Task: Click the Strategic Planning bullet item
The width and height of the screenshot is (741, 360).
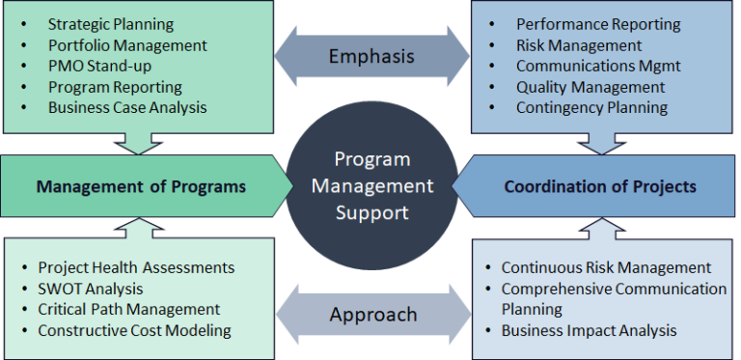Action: pyautogui.click(x=111, y=23)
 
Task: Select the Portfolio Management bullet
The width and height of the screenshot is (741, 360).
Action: pyautogui.click(x=127, y=44)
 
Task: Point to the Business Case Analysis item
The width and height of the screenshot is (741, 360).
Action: pyautogui.click(x=127, y=107)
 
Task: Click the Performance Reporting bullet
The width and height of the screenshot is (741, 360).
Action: pyautogui.click(x=598, y=24)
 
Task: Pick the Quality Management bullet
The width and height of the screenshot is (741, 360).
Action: pyautogui.click(x=590, y=87)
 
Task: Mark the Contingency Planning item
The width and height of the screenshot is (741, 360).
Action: pyautogui.click(x=591, y=107)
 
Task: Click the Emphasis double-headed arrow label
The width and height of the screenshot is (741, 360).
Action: pyautogui.click(x=371, y=56)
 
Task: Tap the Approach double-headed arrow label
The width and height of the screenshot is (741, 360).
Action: pyautogui.click(x=371, y=315)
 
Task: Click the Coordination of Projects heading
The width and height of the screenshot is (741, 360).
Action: pyautogui.click(x=599, y=185)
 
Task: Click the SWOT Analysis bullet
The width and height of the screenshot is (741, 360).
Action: pyautogui.click(x=91, y=289)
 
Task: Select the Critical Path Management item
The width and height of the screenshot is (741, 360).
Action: pyautogui.click(x=129, y=309)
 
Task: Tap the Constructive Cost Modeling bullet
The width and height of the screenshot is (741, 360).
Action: pyautogui.click(x=134, y=330)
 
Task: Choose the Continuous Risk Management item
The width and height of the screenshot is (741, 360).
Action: pyautogui.click(x=606, y=267)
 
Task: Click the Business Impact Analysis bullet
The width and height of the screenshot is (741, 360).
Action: pyautogui.click(x=589, y=330)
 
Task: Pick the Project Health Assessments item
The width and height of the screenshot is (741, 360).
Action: pyautogui.click(x=136, y=267)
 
